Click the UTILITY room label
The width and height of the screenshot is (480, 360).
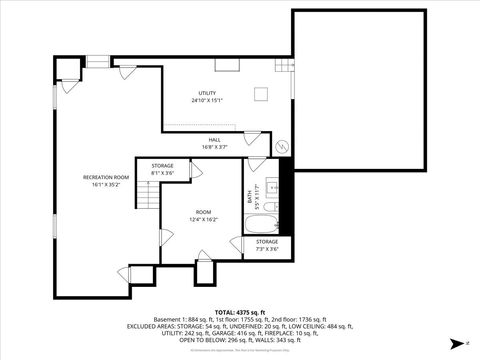point(205,92)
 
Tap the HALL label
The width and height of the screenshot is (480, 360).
point(214,139)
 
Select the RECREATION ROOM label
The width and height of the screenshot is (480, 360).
point(104,177)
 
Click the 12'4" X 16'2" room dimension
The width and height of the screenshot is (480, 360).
point(204,219)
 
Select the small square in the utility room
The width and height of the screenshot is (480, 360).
point(261,94)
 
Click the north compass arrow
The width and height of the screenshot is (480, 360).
point(455,343)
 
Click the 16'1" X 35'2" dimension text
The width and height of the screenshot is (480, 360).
point(104,184)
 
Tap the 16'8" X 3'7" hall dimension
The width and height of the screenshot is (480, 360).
point(214,146)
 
